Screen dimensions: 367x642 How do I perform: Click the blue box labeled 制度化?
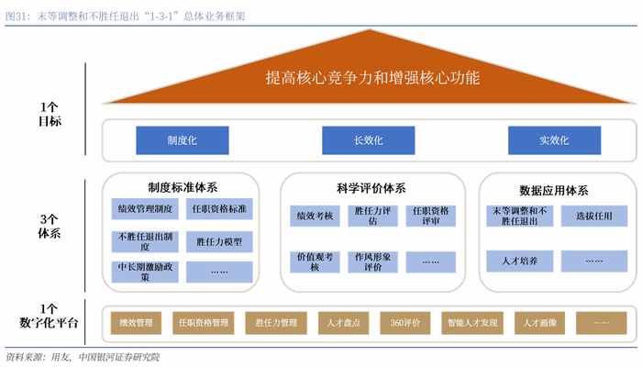(x=182, y=140)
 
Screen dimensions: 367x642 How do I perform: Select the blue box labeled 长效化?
(x=368, y=140)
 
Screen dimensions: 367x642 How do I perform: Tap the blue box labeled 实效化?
(x=554, y=140)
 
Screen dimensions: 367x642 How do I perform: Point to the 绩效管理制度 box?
(x=145, y=209)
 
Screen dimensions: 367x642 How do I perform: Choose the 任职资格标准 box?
(x=219, y=209)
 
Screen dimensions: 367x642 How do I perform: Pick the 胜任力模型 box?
(x=219, y=241)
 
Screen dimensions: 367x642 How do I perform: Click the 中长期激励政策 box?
(x=145, y=272)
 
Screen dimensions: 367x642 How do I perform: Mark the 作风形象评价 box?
(x=372, y=261)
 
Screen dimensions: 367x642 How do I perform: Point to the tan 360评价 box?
(x=404, y=323)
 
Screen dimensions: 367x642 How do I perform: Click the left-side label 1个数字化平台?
(x=50, y=316)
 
